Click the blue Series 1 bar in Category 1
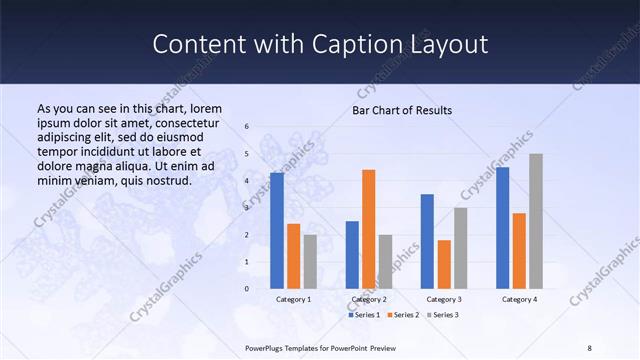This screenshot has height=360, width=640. (x=277, y=231)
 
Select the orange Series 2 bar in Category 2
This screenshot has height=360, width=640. (x=368, y=229)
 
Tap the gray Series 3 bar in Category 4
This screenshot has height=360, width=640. (x=536, y=221)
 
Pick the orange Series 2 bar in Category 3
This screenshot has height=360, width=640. (x=444, y=264)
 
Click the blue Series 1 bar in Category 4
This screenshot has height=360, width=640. (x=502, y=228)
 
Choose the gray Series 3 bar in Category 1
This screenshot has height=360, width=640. (x=310, y=262)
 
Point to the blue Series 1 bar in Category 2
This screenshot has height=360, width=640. (x=352, y=255)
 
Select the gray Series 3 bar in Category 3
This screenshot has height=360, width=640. (x=460, y=248)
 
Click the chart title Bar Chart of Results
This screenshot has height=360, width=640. (x=402, y=111)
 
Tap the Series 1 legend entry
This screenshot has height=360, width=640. (x=364, y=315)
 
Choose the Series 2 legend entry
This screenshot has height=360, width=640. (x=402, y=315)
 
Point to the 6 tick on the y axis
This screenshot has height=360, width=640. (x=247, y=127)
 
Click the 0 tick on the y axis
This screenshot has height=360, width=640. (x=247, y=289)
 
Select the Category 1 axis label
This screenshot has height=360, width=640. (x=293, y=299)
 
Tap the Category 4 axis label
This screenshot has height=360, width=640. (x=519, y=299)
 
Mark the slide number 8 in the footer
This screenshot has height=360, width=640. (x=590, y=347)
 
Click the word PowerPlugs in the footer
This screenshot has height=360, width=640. (x=267, y=347)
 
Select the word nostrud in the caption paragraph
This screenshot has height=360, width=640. (x=166, y=180)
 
